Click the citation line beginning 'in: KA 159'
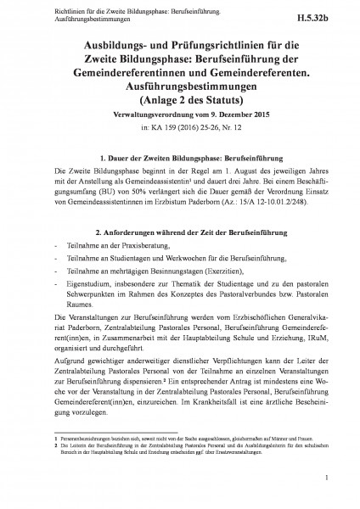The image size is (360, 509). point(180,126)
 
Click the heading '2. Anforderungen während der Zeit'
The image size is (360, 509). point(180,232)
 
